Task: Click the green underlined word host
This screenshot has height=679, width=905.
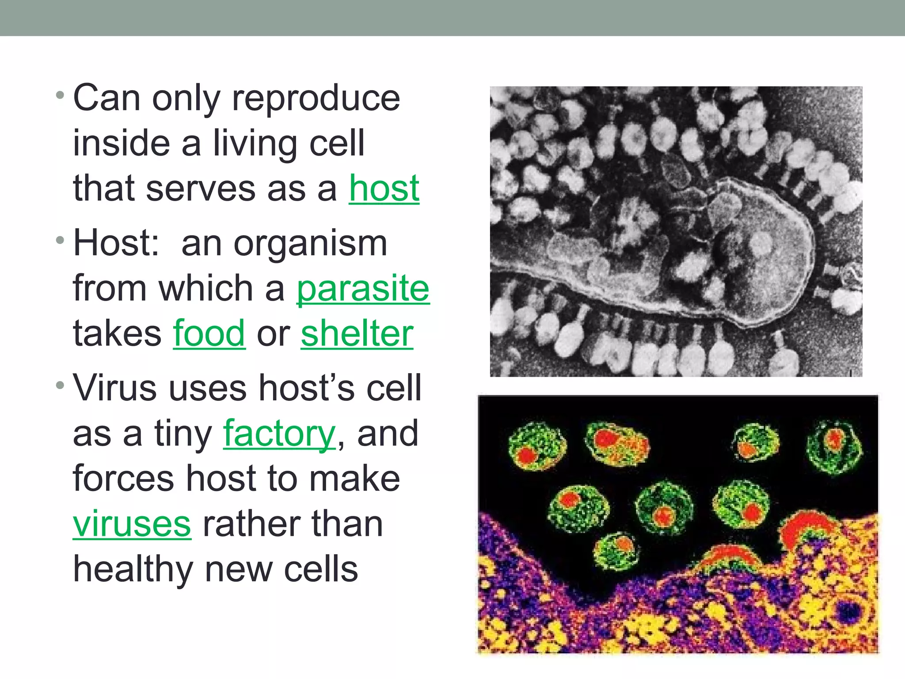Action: [384, 189]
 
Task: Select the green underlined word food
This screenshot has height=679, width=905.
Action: [209, 334]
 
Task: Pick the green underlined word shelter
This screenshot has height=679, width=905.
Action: [357, 334]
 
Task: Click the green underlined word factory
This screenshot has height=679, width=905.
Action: [279, 435]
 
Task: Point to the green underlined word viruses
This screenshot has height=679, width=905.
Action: [132, 524]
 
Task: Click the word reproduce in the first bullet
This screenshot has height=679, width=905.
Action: [316, 99]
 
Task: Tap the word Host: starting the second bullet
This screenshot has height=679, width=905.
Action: [116, 243]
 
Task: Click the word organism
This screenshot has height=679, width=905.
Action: [310, 244]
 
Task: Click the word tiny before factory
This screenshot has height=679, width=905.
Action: [183, 435]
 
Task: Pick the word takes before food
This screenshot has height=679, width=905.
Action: [117, 334]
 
